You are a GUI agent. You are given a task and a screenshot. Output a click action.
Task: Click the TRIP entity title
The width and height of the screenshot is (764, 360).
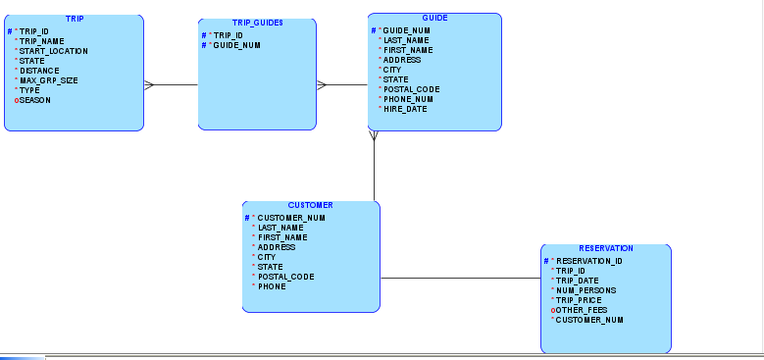[x=75, y=20]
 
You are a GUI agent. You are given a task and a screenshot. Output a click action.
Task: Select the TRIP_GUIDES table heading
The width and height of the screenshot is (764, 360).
[x=257, y=24]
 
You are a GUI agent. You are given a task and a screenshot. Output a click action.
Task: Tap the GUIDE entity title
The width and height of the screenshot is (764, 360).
[x=434, y=19]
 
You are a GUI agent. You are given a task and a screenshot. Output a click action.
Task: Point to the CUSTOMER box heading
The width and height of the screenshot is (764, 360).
[x=310, y=206]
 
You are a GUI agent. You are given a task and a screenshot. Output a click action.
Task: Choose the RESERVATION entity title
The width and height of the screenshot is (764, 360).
[x=605, y=249]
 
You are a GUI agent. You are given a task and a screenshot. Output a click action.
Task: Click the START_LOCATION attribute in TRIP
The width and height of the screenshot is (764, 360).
[x=53, y=51]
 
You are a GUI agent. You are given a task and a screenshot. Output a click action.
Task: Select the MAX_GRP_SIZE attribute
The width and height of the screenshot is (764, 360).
[x=48, y=80]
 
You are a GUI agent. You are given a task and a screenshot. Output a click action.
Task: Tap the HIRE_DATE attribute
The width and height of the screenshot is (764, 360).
[x=405, y=109]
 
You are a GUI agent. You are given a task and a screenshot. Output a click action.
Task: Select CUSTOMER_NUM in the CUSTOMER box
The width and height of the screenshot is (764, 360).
[x=291, y=218]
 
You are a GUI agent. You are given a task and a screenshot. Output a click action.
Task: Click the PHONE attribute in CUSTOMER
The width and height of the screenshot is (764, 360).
[x=272, y=286]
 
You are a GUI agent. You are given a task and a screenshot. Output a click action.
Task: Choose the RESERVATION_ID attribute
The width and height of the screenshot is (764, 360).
[x=589, y=261]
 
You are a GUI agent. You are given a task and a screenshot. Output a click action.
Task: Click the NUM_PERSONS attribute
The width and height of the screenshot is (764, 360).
[x=586, y=290]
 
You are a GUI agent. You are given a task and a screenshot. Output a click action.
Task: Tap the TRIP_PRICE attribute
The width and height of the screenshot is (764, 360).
[x=579, y=300]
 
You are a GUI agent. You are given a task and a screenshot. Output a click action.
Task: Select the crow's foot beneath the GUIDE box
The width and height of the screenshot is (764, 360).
[x=374, y=135]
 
